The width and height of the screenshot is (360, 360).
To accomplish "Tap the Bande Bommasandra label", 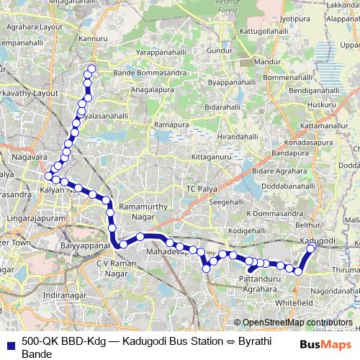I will coord(141,73).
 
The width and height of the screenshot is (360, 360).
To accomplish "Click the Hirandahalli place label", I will coord(227,136).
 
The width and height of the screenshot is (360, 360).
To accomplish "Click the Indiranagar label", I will coord(63,295).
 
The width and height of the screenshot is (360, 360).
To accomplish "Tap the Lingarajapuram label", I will coord(36,216).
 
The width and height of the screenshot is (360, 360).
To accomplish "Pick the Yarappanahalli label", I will coord(165,53).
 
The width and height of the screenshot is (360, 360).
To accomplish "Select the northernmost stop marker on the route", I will coord(91,70).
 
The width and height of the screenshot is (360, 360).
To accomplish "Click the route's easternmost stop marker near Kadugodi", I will coord(312,248).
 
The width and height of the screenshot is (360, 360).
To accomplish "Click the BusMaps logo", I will coord(321,344).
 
